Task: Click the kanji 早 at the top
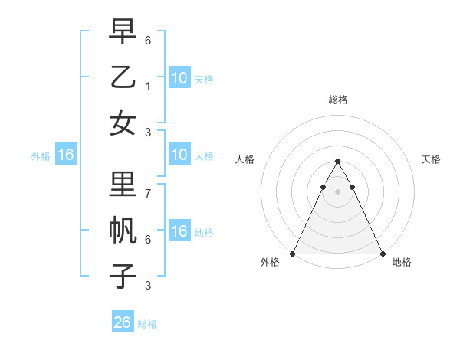click(x=123, y=31)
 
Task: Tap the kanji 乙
click(x=123, y=77)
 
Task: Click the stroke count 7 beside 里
click(x=148, y=194)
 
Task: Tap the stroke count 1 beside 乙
click(x=148, y=87)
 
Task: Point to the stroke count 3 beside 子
click(x=148, y=286)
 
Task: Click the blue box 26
click(x=123, y=322)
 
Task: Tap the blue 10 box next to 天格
click(x=179, y=77)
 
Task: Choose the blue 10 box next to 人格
click(x=179, y=155)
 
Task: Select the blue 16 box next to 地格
click(x=179, y=232)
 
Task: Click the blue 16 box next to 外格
click(x=66, y=155)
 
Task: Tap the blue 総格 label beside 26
click(x=147, y=324)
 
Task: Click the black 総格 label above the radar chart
click(x=338, y=100)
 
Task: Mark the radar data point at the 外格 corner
click(x=293, y=254)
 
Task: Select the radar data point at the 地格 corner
click(x=383, y=254)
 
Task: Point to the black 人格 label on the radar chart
click(x=245, y=159)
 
